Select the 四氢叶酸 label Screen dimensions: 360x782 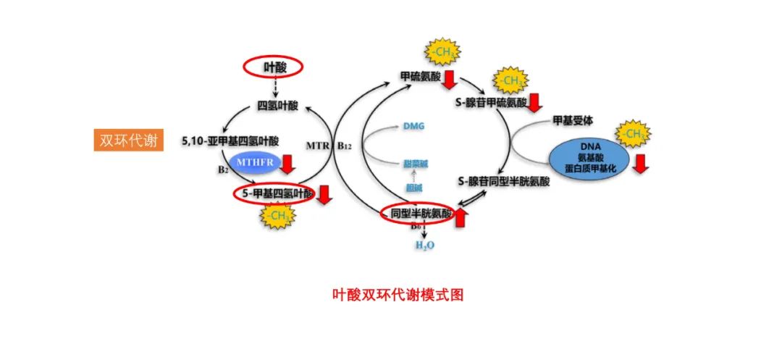(277, 106)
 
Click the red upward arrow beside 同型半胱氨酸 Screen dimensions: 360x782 (461, 215)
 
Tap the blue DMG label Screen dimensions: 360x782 (413, 126)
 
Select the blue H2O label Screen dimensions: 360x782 (425, 246)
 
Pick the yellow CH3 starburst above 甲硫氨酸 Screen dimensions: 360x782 (442, 53)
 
